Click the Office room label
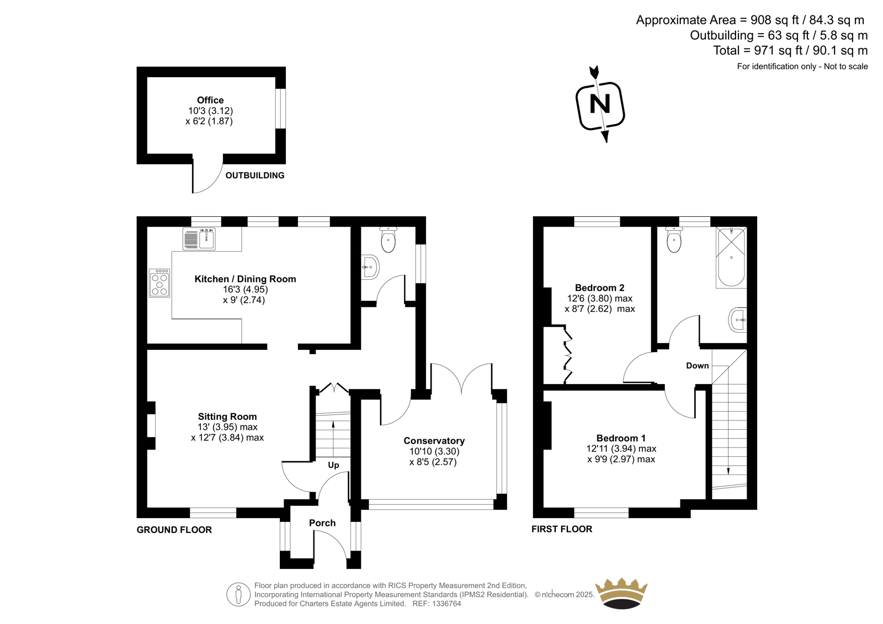[x=210, y=100]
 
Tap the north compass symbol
[x=600, y=104]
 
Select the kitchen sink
[x=199, y=238]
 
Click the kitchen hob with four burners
[x=159, y=282]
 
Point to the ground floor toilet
[x=389, y=239]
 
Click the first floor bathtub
[x=731, y=257]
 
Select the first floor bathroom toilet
[x=674, y=239]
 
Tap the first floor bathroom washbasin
[x=738, y=319]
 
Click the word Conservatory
[x=434, y=441]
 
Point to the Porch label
[x=322, y=523]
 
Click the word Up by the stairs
[x=333, y=465]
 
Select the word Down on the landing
[x=698, y=365]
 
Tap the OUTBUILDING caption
[x=254, y=175]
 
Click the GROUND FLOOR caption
[x=174, y=530]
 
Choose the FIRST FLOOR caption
[x=562, y=529]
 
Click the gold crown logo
[x=621, y=593]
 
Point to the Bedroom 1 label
[x=621, y=438]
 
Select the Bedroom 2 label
[x=599, y=288]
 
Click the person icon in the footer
[x=238, y=594]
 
